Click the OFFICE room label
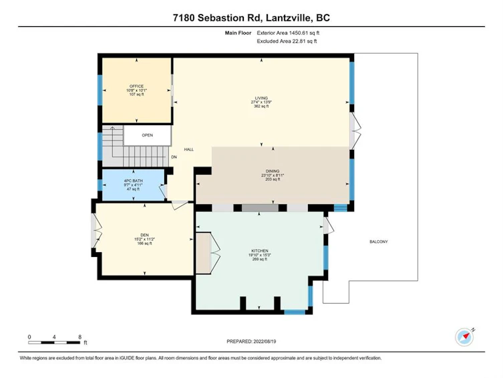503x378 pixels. coord(136,86)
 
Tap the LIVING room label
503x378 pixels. coord(261,98)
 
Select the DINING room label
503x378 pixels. coord(273,171)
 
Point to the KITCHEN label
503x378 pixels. coord(260,251)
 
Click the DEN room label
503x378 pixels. coord(144,235)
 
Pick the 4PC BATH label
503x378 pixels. coord(133,181)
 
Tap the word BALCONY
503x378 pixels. coord(379,242)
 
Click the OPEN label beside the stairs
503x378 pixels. coord(147,135)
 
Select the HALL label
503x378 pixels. coord(188,149)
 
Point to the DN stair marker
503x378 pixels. coord(174,157)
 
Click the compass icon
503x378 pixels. coord(464,337)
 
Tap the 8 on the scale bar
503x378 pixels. coord(79,337)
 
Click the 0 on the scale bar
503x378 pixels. coord(29,337)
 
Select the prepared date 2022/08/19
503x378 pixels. coord(265,341)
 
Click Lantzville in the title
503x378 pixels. coord(288,17)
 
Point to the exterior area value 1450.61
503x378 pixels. coord(299,33)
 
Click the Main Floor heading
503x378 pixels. coord(238,33)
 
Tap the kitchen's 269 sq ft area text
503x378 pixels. coord(260,259)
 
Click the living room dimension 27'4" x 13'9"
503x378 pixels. coord(261,102)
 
